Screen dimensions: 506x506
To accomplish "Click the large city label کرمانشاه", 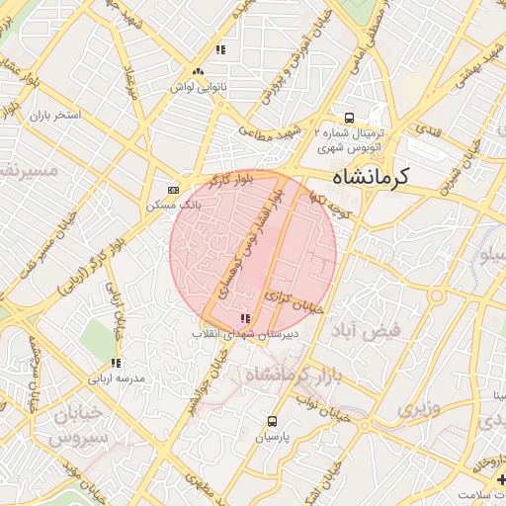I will [366, 179].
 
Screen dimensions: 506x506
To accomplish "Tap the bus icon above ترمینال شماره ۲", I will [349, 117].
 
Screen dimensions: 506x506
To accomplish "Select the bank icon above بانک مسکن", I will [174, 190].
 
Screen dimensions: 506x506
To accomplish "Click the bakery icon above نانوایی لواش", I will [199, 71].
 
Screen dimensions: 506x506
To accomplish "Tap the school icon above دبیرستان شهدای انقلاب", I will [244, 318].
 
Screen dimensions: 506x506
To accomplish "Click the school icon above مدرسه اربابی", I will [116, 364].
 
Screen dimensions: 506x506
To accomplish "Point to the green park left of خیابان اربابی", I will [98, 336].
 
